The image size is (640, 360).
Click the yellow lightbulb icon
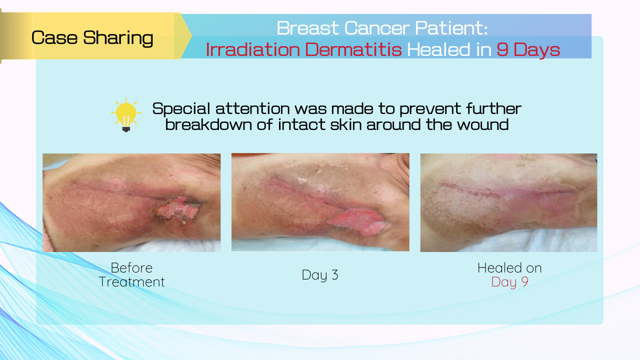click(126, 115)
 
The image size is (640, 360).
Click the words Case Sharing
click(92, 37)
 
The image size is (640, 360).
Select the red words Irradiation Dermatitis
click(303, 49)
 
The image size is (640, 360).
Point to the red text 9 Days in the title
click(528, 49)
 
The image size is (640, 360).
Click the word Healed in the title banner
click(438, 49)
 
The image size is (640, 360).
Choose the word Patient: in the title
click(451, 28)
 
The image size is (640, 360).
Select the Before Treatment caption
click(131, 275)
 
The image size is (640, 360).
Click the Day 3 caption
click(320, 275)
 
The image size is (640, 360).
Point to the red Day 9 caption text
click(509, 282)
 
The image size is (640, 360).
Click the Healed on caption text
click(509, 268)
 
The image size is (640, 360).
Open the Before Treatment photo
click(131, 202)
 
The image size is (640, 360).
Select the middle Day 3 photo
click(320, 202)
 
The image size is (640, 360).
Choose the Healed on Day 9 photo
click(508, 202)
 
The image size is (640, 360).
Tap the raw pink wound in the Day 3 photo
click(358, 222)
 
